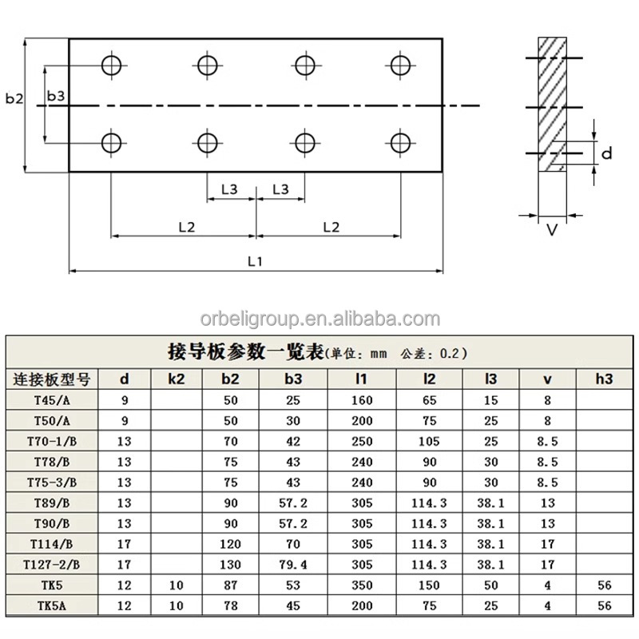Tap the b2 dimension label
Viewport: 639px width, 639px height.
(14, 98)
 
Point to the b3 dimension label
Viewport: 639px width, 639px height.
(56, 96)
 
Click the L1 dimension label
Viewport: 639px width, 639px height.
(255, 261)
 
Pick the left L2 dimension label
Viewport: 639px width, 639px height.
(187, 227)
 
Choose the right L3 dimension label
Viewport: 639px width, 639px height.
(280, 189)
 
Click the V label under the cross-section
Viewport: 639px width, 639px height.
(552, 230)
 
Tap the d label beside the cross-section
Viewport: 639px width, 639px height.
(607, 153)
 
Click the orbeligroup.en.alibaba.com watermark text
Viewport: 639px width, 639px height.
(320, 319)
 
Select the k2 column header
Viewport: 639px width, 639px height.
(176, 379)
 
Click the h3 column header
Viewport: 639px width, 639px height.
(604, 379)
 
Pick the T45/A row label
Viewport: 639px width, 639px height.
(52, 400)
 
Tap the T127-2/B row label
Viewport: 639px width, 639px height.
(51, 565)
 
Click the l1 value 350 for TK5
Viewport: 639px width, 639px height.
(362, 585)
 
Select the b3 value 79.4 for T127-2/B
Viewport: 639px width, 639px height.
(293, 565)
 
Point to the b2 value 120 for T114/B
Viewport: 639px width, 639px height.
(230, 544)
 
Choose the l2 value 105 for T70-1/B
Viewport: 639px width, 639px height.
(429, 442)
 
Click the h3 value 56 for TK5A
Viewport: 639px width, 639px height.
(605, 605)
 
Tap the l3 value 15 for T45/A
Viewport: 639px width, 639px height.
(490, 400)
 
